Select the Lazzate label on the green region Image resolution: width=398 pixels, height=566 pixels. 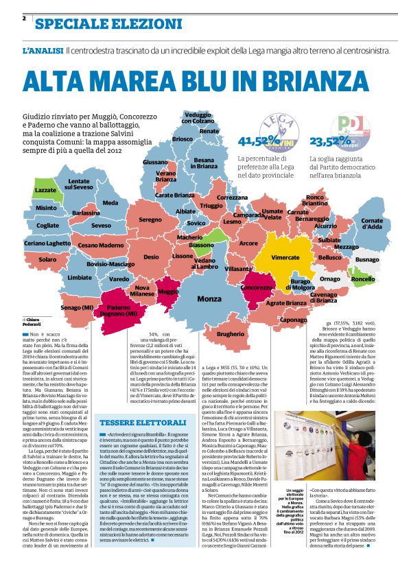(x=45, y=190)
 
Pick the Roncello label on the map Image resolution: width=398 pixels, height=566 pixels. (x=362, y=279)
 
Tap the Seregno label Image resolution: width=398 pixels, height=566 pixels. (x=150, y=220)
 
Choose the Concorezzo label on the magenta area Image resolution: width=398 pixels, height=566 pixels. (x=257, y=287)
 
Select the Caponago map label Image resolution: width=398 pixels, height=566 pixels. (x=294, y=320)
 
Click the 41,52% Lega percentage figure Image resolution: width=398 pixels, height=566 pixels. (x=253, y=141)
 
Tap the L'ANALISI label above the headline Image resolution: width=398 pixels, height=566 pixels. (x=43, y=51)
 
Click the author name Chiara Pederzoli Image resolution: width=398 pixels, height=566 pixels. (x=33, y=322)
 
